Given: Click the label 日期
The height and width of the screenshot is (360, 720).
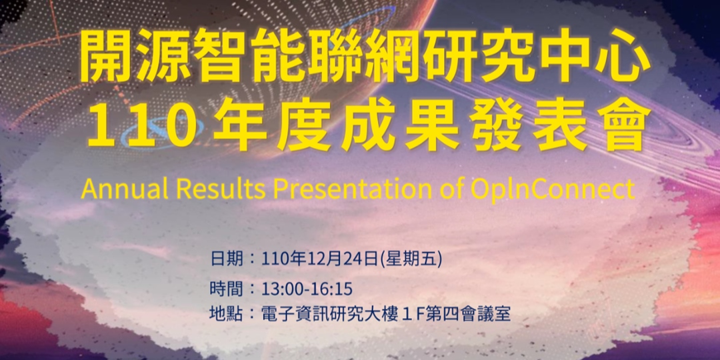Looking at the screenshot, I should (222, 259).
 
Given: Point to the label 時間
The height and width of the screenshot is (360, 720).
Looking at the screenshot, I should (222, 289).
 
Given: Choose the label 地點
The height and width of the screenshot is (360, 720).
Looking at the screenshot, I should (222, 313).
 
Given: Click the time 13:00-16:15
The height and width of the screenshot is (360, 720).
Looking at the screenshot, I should (307, 289).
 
